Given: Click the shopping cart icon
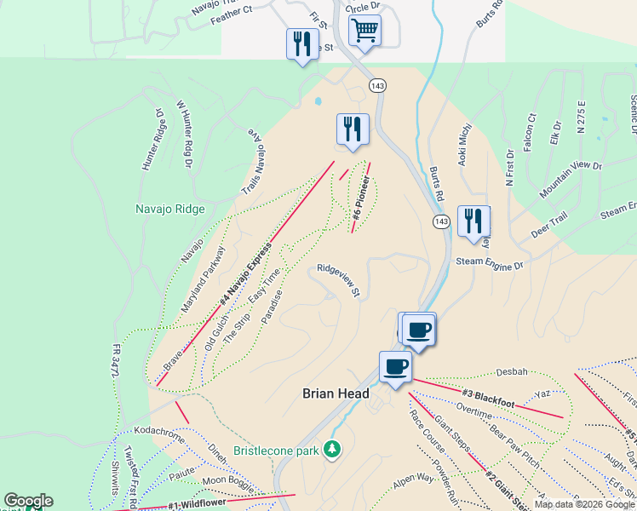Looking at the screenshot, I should [364, 31].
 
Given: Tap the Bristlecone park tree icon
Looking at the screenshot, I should [333, 449].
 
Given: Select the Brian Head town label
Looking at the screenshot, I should [336, 393].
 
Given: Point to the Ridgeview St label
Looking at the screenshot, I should [340, 280].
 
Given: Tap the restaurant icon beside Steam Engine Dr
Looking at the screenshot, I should [473, 221].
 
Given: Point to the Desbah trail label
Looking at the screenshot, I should [513, 373].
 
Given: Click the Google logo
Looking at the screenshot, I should [28, 501].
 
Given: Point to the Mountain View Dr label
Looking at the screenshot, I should [572, 179].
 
